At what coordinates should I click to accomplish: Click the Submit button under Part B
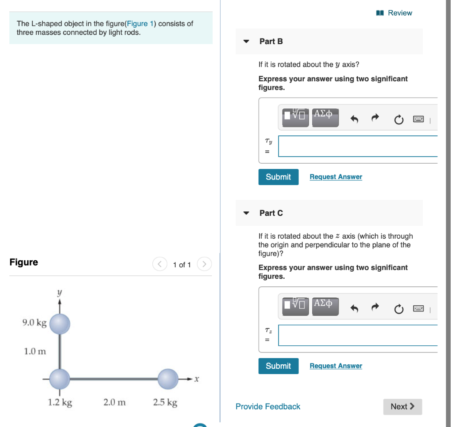point(278,177)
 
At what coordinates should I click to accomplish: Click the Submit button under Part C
point(278,366)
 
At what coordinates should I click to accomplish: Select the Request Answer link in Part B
point(335,177)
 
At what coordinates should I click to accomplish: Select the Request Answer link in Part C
point(335,366)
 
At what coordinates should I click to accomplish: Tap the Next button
point(403,407)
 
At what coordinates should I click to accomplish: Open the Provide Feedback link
point(267,407)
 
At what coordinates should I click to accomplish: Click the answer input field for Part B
point(358,146)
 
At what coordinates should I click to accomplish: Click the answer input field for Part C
point(358,335)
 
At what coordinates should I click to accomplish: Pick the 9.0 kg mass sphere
point(60,324)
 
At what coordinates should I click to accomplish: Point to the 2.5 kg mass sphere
point(168,378)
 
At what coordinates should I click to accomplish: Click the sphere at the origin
point(60,378)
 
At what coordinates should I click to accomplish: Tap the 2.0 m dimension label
point(114,402)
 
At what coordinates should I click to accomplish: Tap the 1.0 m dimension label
point(35,352)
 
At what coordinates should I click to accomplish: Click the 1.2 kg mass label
point(60,402)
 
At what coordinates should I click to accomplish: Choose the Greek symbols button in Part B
point(325,116)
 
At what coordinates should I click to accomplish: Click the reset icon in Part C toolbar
point(398,309)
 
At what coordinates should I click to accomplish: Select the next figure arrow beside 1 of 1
point(204,265)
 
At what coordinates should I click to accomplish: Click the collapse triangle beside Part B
point(246,41)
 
